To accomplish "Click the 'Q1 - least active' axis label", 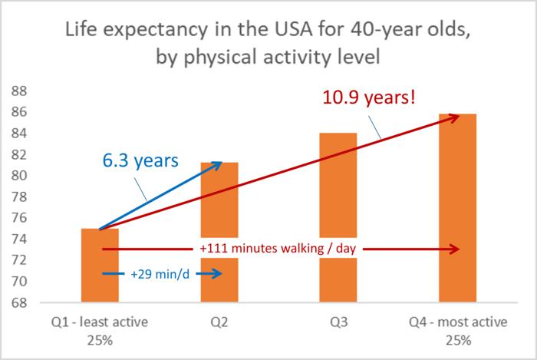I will [x=100, y=323].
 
